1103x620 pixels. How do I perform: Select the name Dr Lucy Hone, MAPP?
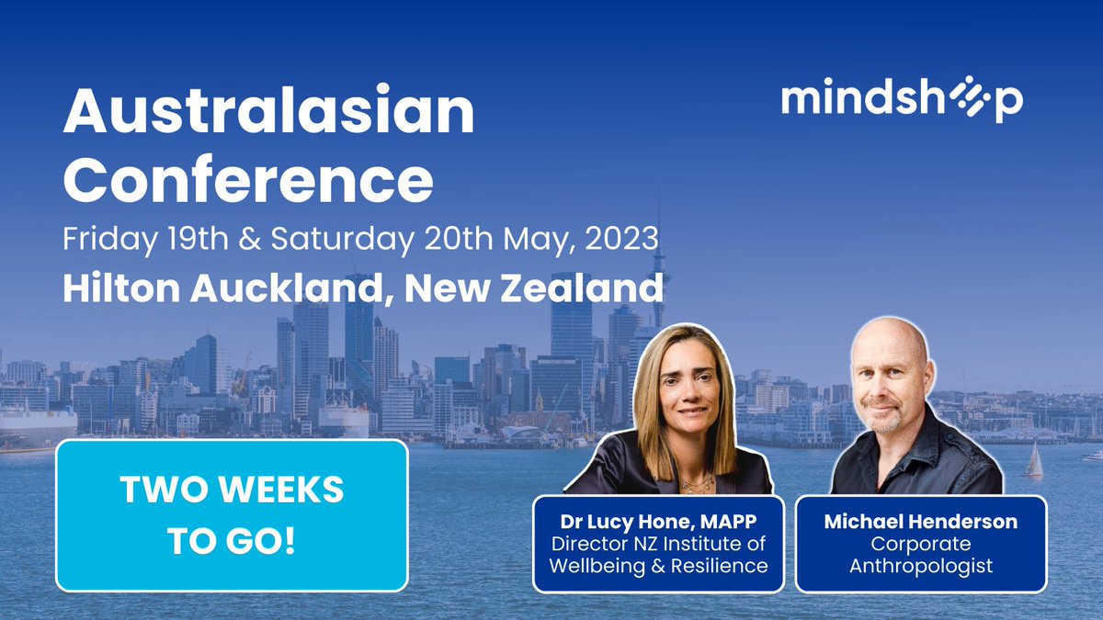point(658,522)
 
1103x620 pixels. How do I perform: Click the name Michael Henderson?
point(920,522)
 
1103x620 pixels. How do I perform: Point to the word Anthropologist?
point(920,566)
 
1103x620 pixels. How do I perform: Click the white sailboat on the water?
point(1035,461)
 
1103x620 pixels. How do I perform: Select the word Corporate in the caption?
point(920,544)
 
